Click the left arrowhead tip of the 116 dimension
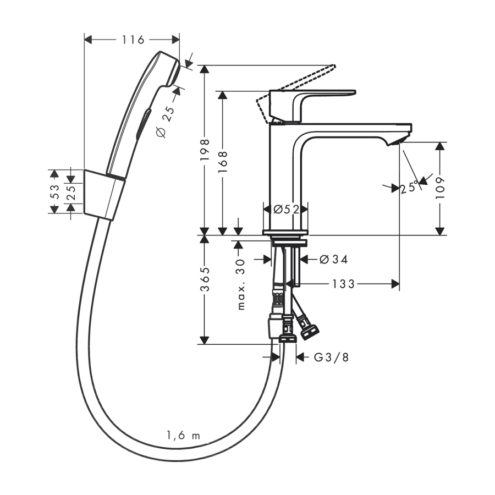85,40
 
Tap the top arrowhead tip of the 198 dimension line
205,65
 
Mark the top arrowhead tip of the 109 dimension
440,142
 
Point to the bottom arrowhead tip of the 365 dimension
205,344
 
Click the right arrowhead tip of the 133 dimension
399,284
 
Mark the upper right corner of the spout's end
412,123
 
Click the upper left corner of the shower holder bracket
84,170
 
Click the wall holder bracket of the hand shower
104,195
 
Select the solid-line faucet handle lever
312,106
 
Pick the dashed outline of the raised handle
295,94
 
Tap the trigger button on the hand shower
144,123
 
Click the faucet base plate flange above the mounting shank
285,233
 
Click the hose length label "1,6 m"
183,436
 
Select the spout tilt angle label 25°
409,188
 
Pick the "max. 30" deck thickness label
241,284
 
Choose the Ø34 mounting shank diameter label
333,260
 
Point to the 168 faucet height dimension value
223,161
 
